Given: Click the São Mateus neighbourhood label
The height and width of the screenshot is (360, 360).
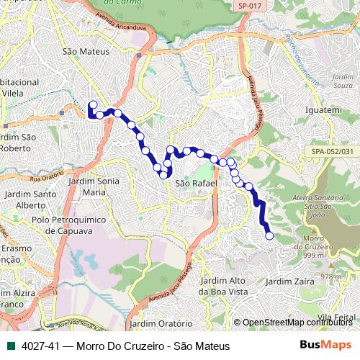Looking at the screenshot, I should [86, 52].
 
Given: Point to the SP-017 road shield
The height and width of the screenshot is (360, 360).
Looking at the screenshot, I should [248, 6].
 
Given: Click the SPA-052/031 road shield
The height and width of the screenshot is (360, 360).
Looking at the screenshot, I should [333, 151].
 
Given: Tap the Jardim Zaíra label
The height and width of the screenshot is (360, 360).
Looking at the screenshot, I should [290, 281].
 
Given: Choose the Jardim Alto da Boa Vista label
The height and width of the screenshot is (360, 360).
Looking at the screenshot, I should [222, 286].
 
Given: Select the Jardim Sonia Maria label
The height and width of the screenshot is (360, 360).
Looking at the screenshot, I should [94, 186].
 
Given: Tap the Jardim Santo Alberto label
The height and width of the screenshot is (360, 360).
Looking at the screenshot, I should [30, 199].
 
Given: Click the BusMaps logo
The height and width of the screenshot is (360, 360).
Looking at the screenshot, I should [325, 346].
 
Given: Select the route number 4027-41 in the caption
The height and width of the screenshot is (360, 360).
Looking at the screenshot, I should [40, 346].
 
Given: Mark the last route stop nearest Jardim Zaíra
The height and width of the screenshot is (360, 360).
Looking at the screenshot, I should [269, 235].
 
